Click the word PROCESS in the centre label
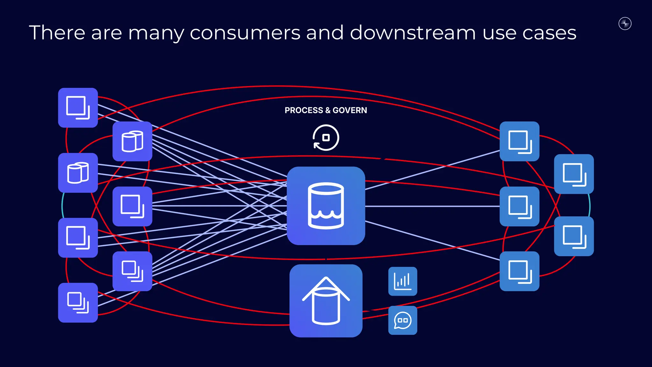point(303,110)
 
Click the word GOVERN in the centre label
point(350,110)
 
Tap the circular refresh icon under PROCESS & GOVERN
point(326,138)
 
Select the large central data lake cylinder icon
point(326,206)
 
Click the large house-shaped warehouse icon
point(326,301)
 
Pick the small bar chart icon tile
point(402,281)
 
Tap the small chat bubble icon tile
point(402,320)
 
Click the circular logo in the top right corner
point(625,24)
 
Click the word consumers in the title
point(245,33)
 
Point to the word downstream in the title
point(413,33)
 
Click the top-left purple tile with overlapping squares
point(78,108)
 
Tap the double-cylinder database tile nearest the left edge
point(78,173)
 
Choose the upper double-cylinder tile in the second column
point(132,141)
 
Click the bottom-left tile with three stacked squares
point(78,303)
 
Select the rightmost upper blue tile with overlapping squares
point(574,174)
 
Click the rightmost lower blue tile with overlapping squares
point(574,236)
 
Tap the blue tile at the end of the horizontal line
point(519,206)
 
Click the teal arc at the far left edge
point(62,205)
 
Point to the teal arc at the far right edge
point(589,205)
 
